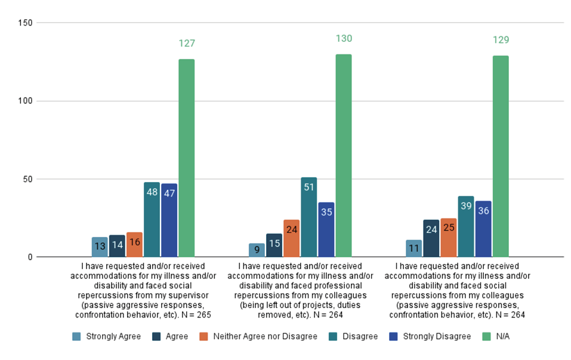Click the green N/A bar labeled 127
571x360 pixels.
(187, 158)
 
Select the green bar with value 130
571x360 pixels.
(344, 156)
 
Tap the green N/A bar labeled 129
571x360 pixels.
(501, 156)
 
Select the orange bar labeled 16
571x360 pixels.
(135, 245)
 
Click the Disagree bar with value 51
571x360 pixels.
(309, 217)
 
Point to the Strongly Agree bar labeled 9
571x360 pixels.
(257, 250)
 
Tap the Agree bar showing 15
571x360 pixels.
(274, 245)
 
